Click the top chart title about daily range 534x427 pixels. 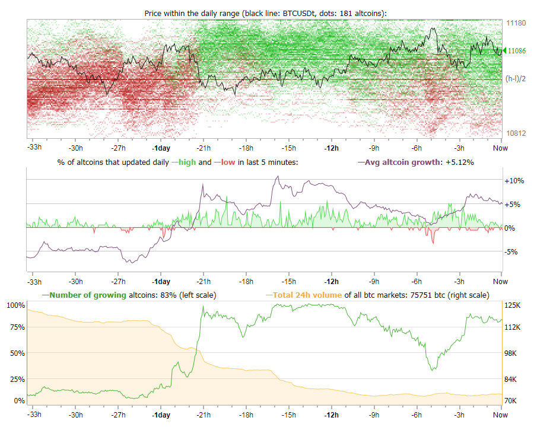[x=265, y=13]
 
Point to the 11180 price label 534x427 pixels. [x=516, y=23]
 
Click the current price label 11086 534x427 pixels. [x=517, y=52]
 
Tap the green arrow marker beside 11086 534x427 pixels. [x=500, y=52]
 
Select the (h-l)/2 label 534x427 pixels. [x=515, y=78]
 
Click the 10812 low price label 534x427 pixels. [x=516, y=133]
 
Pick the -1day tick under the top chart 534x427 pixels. [x=161, y=148]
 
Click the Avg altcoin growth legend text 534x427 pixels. [x=404, y=161]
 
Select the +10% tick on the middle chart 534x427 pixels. [x=514, y=180]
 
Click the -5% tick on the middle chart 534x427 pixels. [x=513, y=251]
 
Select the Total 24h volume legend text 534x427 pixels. [x=307, y=295]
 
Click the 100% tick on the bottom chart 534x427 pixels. [x=16, y=305]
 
